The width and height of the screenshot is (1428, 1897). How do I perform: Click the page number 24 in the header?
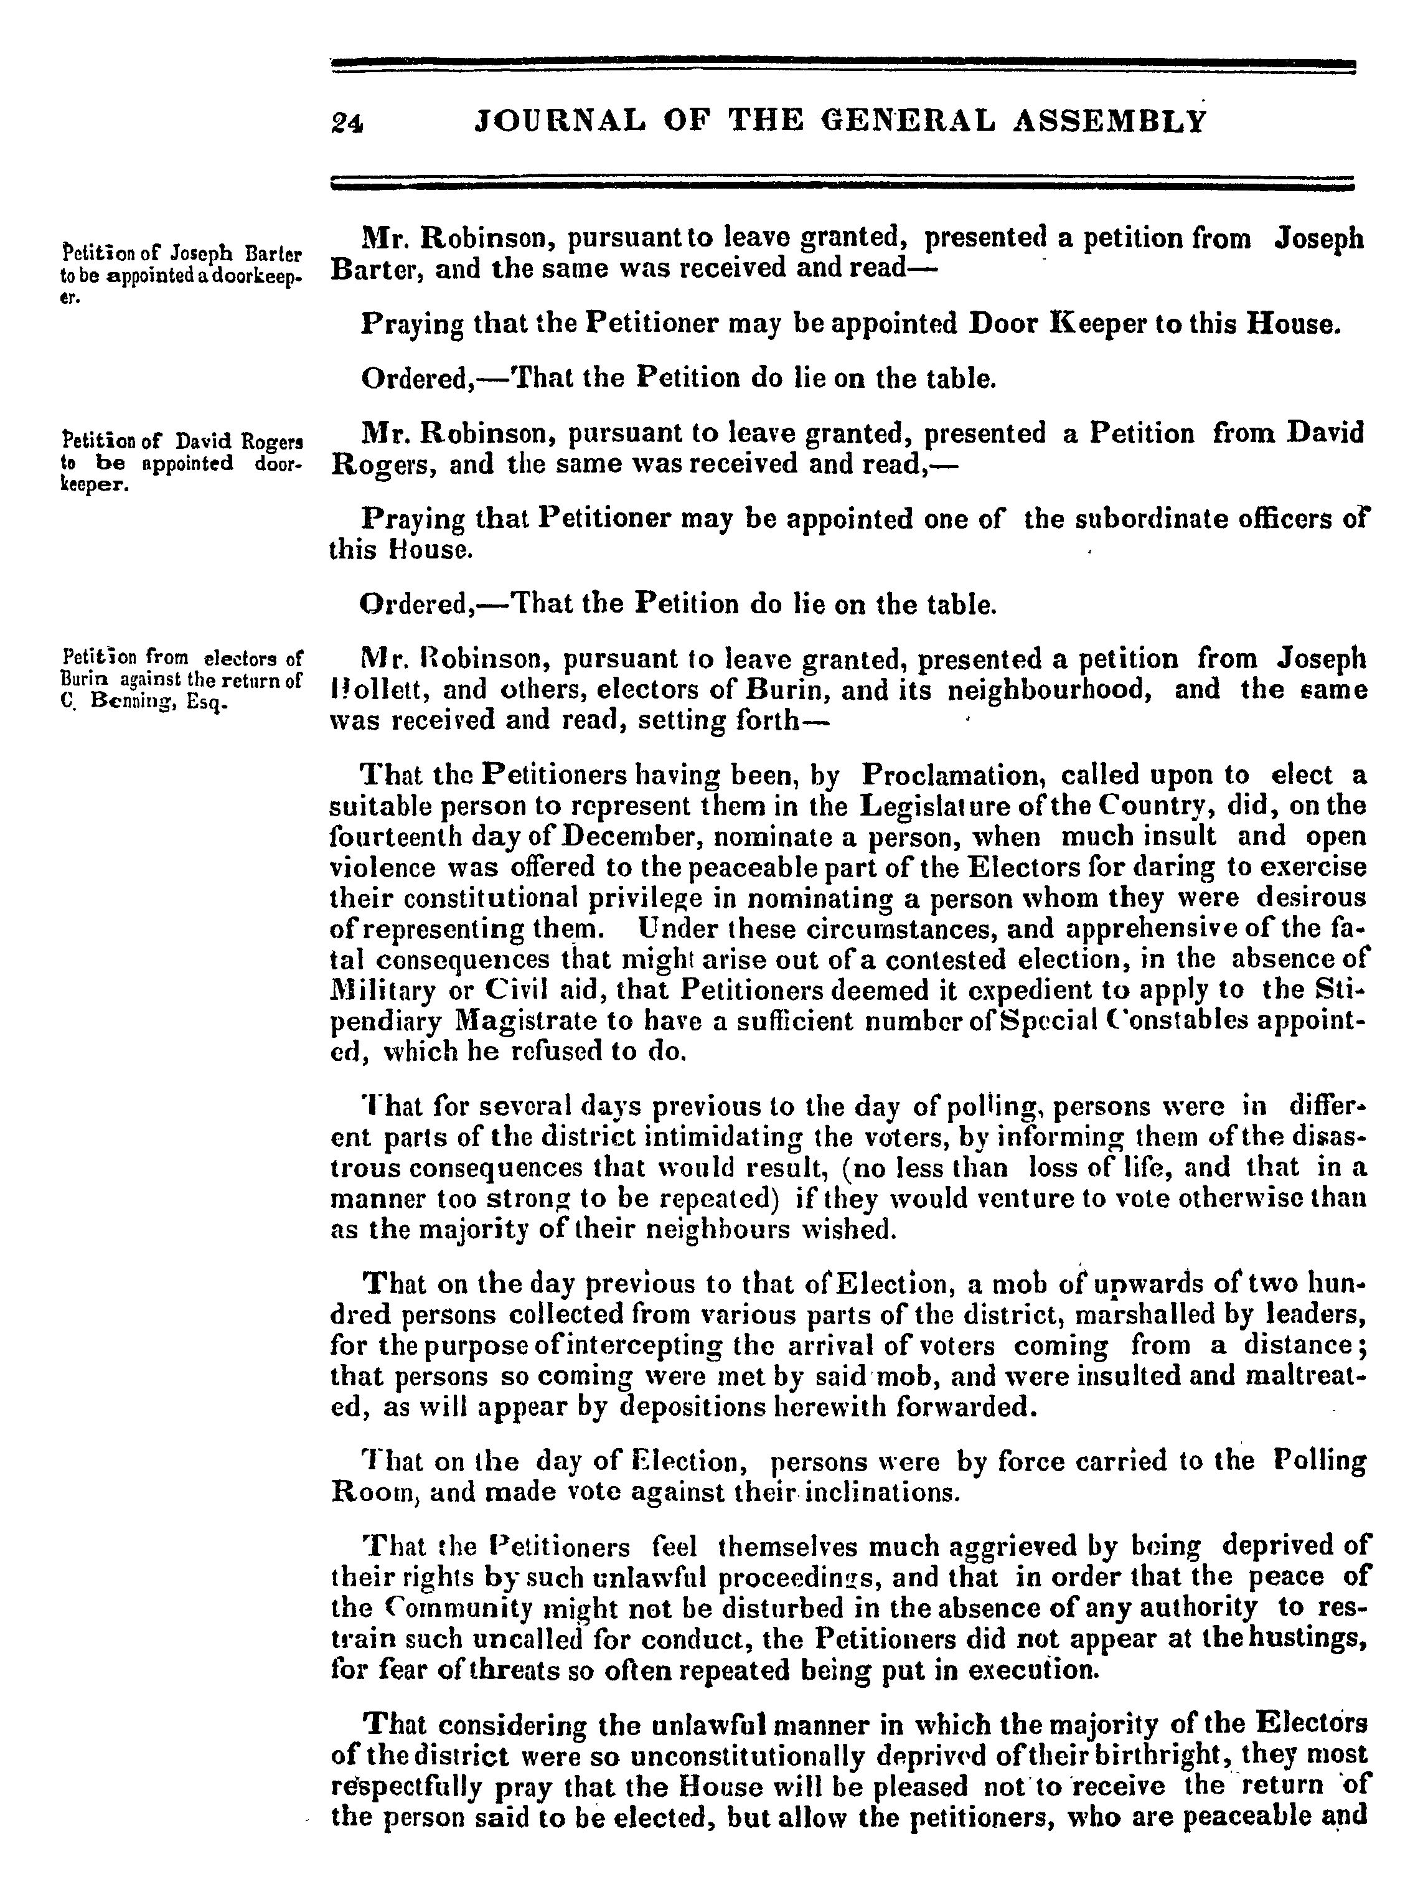point(347,123)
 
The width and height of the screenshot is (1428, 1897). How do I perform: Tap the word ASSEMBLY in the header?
point(1111,121)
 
